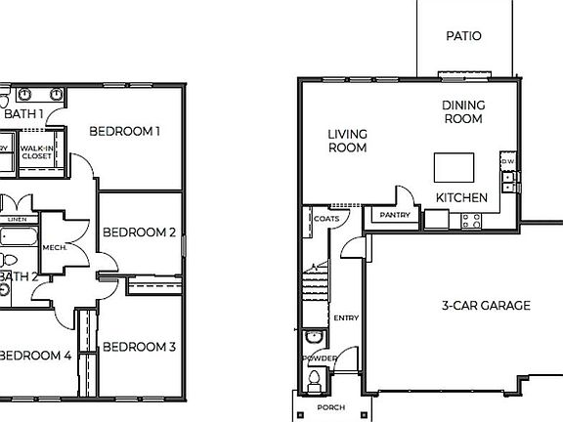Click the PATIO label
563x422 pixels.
coord(463,36)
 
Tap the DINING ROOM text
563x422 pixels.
coord(462,111)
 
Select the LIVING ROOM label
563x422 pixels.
coord(347,141)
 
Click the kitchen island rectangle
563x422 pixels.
coord(454,167)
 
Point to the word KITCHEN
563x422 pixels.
coord(461,197)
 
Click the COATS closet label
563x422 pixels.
coord(326,219)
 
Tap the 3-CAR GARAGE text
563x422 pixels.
coord(486,305)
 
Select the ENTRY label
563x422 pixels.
coord(346,318)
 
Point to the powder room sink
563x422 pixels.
coord(314,338)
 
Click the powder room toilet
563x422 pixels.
coord(313,380)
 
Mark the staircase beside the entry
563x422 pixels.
coord(315,283)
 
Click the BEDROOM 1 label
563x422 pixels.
coord(124,130)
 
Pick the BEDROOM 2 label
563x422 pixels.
coord(139,232)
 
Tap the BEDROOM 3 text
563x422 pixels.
coord(139,347)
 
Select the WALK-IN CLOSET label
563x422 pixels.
coord(37,151)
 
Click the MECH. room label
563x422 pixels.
coord(55,248)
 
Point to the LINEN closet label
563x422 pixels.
coord(17,221)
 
